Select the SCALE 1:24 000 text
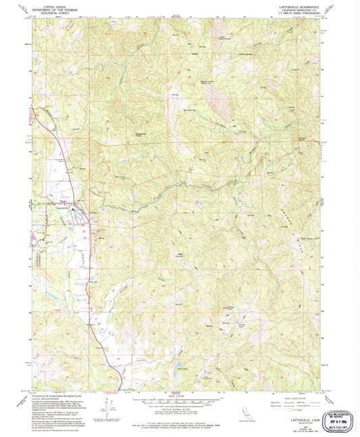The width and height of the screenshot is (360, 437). (179, 395)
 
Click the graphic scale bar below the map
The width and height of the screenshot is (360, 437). (179, 401)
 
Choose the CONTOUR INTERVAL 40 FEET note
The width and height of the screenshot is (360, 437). (179, 410)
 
